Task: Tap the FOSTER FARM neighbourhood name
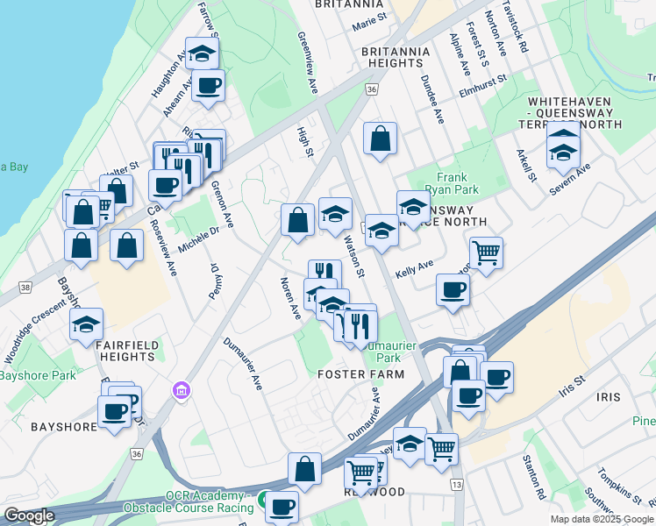(x=360, y=374)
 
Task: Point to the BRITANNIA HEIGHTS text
(x=396, y=57)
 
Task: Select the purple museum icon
(x=182, y=389)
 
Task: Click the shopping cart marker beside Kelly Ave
(x=486, y=252)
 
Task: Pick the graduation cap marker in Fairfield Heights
(x=87, y=323)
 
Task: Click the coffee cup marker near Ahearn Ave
(x=208, y=85)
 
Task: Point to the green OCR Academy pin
(x=262, y=500)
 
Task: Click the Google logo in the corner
(x=29, y=515)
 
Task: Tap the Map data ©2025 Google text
(x=601, y=519)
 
